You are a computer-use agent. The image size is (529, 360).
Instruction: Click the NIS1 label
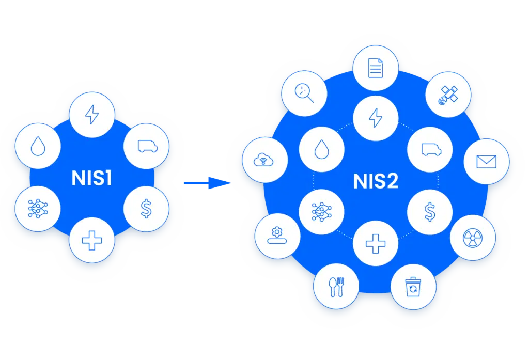click(92, 179)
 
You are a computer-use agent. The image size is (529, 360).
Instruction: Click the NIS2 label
click(376, 181)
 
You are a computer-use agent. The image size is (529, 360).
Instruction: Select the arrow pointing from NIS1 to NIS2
click(207, 182)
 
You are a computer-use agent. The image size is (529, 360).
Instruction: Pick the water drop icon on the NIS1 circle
click(38, 146)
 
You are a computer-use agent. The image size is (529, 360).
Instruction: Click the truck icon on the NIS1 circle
click(146, 146)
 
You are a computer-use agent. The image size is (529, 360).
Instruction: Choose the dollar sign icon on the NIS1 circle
click(146, 209)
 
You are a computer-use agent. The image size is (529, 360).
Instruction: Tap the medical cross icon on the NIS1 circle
click(92, 240)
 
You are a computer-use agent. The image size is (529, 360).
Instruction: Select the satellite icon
click(448, 94)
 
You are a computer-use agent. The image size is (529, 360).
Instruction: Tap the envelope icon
click(486, 162)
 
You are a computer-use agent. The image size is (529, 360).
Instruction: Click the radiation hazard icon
click(473, 238)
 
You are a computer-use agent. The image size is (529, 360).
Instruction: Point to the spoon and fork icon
click(336, 287)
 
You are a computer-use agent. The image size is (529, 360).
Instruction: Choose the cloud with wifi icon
click(264, 160)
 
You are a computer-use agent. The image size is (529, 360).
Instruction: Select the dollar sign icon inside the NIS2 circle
click(430, 211)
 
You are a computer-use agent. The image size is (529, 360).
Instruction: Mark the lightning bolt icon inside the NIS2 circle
click(376, 118)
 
